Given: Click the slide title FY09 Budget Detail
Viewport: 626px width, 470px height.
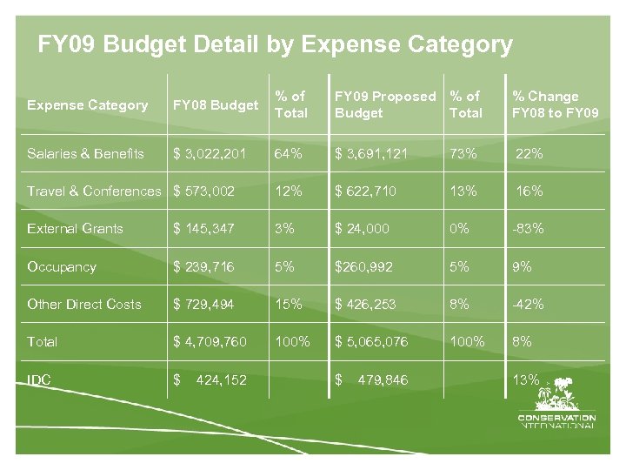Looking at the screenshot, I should (x=275, y=44).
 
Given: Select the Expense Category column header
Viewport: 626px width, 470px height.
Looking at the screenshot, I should (x=87, y=105).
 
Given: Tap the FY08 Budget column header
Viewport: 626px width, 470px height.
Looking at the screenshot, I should (x=216, y=105).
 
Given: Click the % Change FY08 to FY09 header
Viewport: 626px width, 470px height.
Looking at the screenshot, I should (x=555, y=104).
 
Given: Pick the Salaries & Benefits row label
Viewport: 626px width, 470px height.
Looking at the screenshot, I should (x=85, y=153).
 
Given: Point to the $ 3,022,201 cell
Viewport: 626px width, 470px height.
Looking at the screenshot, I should (x=210, y=153).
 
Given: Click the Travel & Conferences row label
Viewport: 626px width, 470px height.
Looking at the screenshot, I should (x=94, y=191).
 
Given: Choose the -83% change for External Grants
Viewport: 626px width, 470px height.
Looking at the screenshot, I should (x=528, y=229).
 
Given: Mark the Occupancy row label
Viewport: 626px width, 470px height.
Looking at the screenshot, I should (x=62, y=266).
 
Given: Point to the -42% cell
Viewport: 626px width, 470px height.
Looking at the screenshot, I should (x=528, y=304).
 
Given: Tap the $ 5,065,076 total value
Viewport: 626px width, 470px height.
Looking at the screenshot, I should (x=371, y=341).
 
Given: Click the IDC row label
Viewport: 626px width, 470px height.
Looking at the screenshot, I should (x=38, y=379).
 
